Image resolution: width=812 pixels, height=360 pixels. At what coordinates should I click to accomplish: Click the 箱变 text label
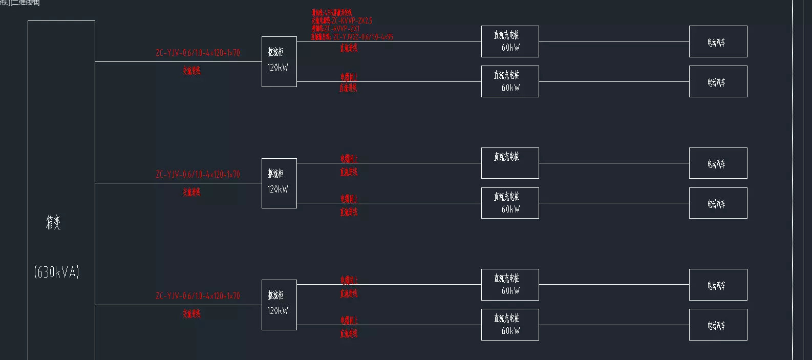click(53, 222)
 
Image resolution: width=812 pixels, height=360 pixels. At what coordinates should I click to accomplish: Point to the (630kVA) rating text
click(56, 272)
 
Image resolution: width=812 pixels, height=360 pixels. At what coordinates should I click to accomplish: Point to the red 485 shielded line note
click(332, 13)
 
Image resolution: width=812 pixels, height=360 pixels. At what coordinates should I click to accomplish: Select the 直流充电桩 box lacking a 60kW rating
click(509, 163)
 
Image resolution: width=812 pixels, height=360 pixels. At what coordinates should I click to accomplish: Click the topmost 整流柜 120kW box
click(279, 61)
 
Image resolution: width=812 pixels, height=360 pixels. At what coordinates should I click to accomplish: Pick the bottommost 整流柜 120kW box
click(279, 305)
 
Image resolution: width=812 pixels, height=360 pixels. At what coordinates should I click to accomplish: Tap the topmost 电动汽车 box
click(718, 41)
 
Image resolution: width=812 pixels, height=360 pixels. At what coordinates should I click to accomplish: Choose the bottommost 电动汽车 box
click(718, 325)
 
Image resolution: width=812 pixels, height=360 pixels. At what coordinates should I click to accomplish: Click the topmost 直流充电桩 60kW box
click(509, 41)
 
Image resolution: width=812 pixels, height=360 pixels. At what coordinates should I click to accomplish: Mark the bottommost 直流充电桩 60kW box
click(509, 325)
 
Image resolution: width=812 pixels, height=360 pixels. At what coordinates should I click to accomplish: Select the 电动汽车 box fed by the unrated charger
click(718, 163)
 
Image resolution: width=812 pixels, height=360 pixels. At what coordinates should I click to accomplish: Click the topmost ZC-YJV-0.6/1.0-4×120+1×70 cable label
click(198, 53)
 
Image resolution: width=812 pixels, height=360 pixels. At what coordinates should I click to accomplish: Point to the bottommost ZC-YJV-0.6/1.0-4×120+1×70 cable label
click(198, 296)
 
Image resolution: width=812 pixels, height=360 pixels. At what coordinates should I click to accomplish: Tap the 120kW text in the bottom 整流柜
click(277, 311)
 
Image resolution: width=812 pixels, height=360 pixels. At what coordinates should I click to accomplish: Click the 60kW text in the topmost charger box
click(510, 48)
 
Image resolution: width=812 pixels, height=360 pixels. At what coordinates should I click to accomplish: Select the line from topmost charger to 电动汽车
click(614, 41)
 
